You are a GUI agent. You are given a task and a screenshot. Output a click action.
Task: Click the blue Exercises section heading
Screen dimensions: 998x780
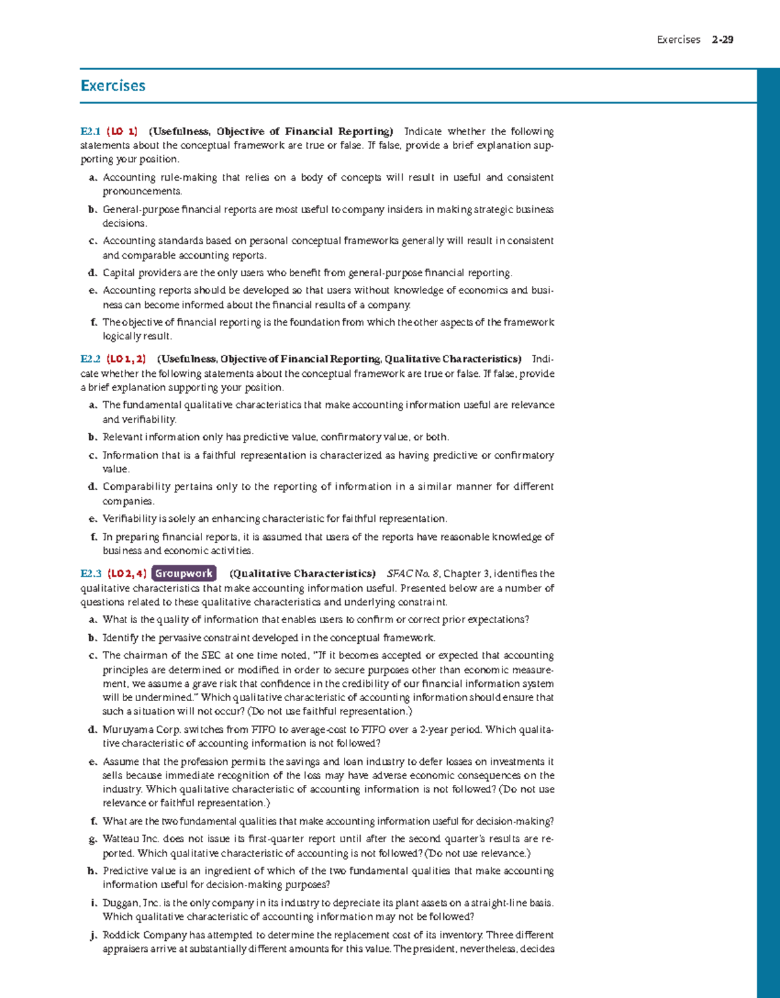(x=112, y=86)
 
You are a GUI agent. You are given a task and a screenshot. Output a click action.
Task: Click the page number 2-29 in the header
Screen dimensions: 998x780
(x=722, y=40)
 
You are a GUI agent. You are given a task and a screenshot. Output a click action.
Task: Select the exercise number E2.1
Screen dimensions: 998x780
(x=90, y=131)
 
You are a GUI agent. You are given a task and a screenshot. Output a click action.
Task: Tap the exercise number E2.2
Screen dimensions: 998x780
(x=90, y=359)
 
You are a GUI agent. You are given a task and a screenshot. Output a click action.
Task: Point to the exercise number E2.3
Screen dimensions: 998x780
(x=90, y=574)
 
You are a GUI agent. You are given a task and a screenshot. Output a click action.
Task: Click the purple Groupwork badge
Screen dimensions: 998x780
(x=184, y=574)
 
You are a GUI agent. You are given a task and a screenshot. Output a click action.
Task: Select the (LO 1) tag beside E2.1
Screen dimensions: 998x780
(x=122, y=131)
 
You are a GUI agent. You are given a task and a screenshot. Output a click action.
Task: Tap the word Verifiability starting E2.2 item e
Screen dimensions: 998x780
(x=129, y=518)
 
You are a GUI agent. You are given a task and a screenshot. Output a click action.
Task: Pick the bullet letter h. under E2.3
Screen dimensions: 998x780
(x=93, y=871)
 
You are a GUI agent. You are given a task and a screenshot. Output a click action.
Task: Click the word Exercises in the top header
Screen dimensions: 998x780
(x=678, y=40)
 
